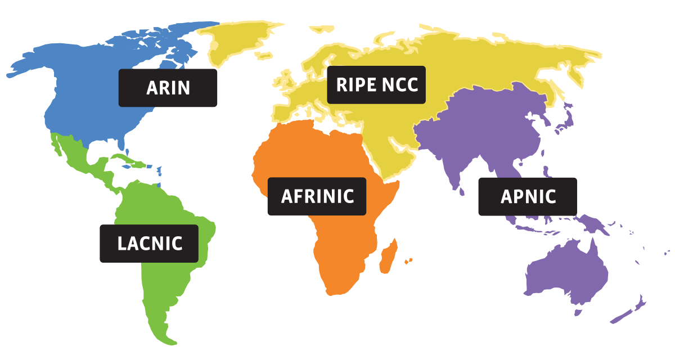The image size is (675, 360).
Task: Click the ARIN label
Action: coord(168,88)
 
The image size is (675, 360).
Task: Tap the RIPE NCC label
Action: coord(376,85)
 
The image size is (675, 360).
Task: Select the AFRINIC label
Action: coord(317,196)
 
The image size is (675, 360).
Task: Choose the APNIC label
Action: coord(528,196)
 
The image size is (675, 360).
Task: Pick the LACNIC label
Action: coord(149,244)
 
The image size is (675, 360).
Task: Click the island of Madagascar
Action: coord(388,256)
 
